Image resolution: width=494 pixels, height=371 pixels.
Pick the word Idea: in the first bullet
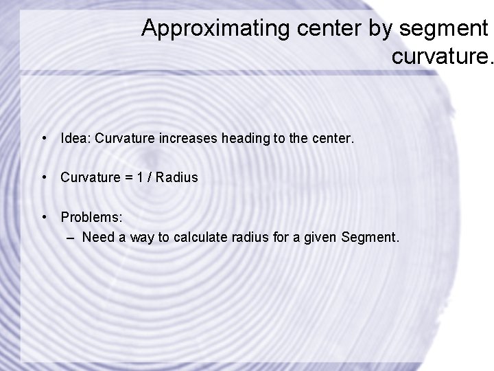pyautogui.click(x=76, y=139)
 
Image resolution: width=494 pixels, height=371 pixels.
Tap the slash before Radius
pyautogui.click(x=148, y=177)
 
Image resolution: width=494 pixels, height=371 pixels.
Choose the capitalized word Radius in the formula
pyautogui.click(x=176, y=177)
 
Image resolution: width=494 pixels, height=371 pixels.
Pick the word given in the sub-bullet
pyautogui.click(x=317, y=238)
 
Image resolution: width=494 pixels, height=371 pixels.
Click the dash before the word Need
pyautogui.click(x=71, y=238)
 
